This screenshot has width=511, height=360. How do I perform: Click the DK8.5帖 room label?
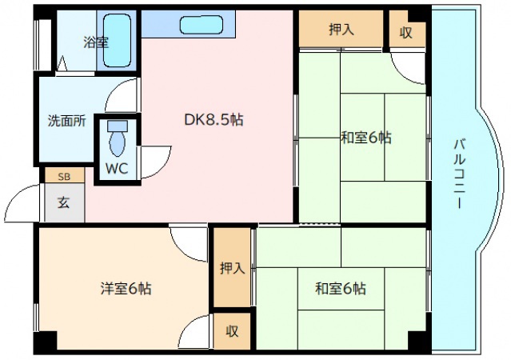click(214, 120)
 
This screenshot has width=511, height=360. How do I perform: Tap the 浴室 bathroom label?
click(96, 42)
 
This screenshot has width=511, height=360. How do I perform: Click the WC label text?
click(117, 170)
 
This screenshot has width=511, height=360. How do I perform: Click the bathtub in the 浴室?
click(118, 40)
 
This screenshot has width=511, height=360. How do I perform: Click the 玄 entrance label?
click(62, 202)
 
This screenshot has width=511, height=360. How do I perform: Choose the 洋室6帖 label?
click(126, 288)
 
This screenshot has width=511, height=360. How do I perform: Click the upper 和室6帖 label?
click(365, 138)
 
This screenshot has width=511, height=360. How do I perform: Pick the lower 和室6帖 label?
click(340, 288)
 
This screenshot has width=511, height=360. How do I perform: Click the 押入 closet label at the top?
click(341, 30)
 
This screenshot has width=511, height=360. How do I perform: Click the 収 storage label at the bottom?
click(232, 331)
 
